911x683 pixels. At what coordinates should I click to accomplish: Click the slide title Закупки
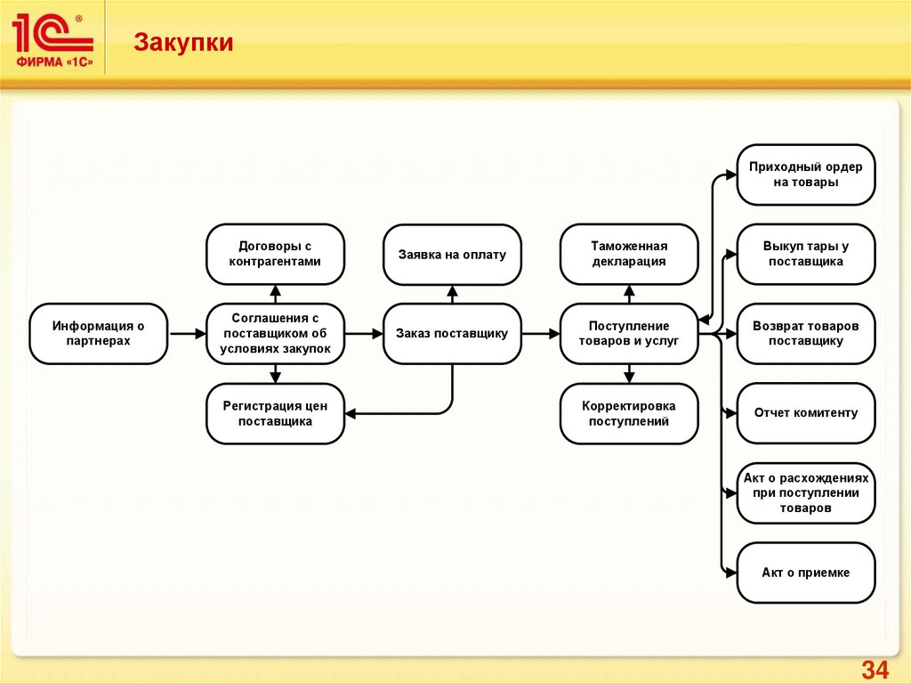click(184, 43)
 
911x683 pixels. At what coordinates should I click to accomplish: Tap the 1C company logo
click(53, 43)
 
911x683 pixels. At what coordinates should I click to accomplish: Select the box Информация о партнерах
click(98, 334)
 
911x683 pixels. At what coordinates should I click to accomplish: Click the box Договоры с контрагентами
click(275, 254)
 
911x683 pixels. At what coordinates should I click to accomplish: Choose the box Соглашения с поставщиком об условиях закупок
click(275, 334)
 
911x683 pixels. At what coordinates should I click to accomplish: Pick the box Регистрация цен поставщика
click(275, 413)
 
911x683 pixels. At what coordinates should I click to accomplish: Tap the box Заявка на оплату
click(452, 254)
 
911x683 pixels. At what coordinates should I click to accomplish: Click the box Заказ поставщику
click(452, 334)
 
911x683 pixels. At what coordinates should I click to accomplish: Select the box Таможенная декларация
click(629, 254)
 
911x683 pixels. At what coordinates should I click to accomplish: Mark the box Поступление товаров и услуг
click(629, 334)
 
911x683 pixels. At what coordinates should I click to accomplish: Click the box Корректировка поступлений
click(629, 413)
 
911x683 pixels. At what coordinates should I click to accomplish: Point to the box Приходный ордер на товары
click(806, 175)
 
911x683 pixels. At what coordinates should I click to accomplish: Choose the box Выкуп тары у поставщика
click(806, 254)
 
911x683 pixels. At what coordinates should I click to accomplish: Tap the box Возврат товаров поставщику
click(806, 334)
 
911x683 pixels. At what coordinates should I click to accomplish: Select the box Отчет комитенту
click(806, 413)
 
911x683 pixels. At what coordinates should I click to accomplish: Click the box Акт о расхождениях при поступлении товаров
click(806, 493)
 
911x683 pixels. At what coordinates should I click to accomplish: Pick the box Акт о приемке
click(806, 573)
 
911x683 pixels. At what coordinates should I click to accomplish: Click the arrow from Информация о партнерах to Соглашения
click(186, 334)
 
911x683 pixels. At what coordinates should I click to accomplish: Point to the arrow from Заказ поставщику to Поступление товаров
click(540, 334)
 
